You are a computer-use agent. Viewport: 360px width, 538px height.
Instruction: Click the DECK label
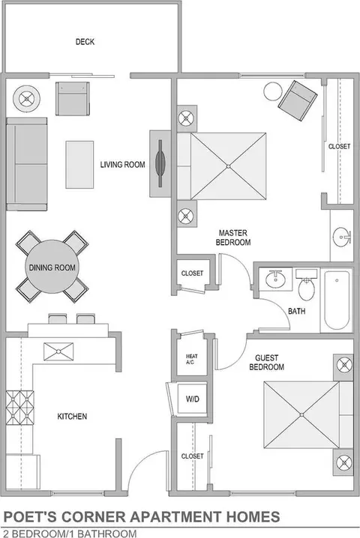point(85,42)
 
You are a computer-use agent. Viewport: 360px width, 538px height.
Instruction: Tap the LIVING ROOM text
point(123,165)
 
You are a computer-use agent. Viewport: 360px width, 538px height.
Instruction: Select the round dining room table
point(52,267)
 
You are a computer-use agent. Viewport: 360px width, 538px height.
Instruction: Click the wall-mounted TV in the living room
point(160,163)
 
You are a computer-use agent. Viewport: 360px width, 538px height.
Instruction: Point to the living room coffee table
point(79,164)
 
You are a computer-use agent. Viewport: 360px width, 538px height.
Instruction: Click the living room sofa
point(26,164)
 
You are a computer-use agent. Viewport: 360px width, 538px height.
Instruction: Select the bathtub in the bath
point(337,300)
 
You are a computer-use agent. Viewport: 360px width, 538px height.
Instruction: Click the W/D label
point(192,399)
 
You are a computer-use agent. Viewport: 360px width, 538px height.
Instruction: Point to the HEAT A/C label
point(192,359)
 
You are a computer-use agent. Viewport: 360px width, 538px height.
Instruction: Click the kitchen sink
point(58,351)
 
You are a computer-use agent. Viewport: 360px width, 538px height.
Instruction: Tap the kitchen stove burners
point(20,408)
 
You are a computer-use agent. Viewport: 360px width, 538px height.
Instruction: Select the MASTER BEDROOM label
point(233,238)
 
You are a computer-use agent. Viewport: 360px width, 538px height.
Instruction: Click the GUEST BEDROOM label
point(266,363)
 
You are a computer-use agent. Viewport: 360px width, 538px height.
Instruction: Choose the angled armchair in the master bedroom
point(298,100)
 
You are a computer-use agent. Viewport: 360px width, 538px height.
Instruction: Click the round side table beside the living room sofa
point(26,99)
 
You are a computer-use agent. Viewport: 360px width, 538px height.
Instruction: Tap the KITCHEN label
point(72,417)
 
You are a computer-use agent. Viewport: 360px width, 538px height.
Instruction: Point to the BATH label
point(296,311)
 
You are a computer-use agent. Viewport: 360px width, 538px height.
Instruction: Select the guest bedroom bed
point(308,415)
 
